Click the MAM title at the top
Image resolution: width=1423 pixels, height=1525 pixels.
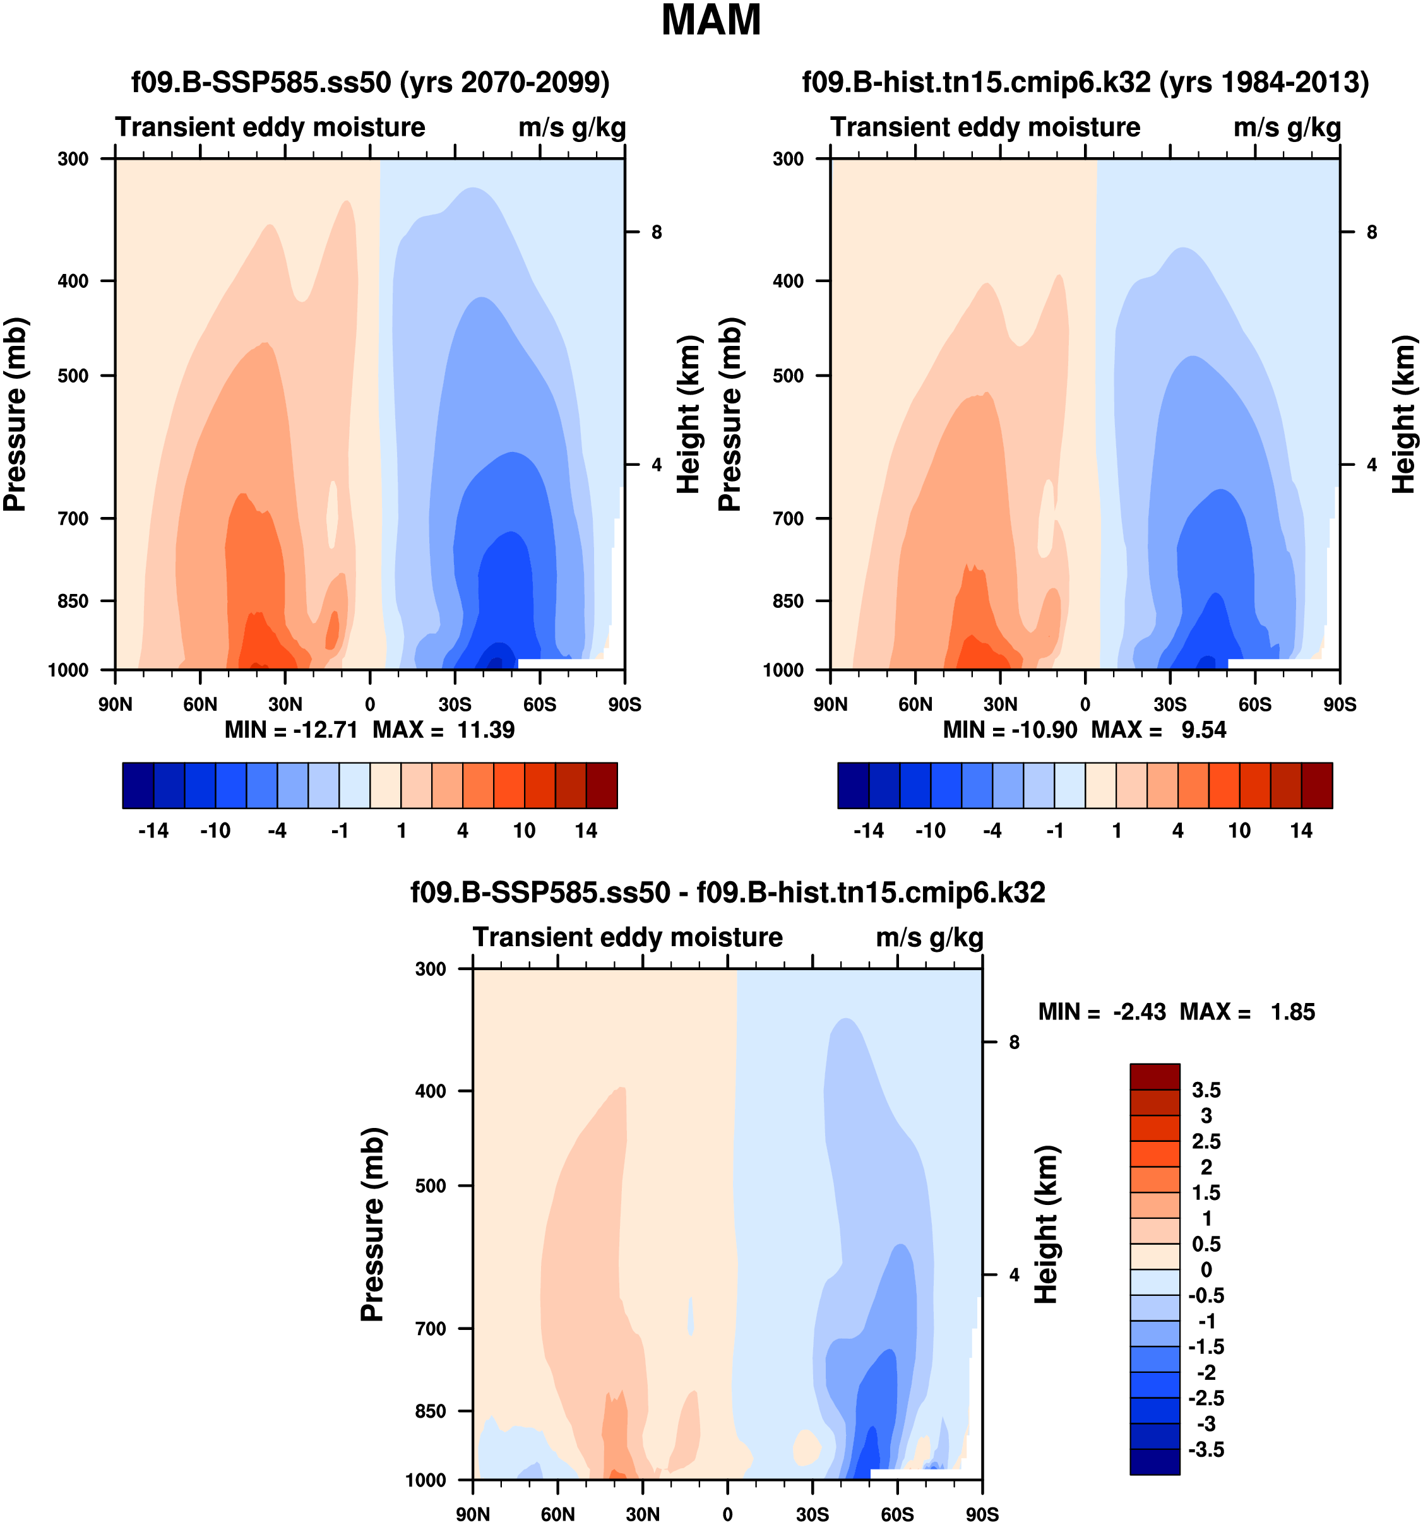pos(710,21)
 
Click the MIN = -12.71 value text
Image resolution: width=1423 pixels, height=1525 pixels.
pos(291,730)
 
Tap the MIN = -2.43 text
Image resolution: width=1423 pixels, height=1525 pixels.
pos(1102,1012)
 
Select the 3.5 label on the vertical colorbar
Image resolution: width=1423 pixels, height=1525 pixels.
pos(1205,1090)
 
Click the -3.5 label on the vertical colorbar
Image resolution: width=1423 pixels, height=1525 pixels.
pos(1205,1449)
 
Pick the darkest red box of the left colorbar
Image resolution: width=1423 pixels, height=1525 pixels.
pos(602,785)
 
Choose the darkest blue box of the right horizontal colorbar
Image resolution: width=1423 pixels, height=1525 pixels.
pos(853,785)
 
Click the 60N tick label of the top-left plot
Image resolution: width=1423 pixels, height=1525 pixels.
pos(200,704)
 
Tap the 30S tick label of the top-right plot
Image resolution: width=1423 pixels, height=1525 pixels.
pos(1170,704)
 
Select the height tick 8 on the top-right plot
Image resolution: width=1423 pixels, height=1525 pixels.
pos(1372,232)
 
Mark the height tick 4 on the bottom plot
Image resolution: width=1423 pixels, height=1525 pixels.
pos(1014,1275)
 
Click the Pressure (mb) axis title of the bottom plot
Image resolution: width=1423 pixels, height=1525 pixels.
pos(372,1225)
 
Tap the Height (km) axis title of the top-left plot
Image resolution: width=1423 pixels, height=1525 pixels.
pos(689,414)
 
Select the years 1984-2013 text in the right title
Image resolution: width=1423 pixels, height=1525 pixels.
pos(1264,82)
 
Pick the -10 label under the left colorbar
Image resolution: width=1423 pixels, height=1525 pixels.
pos(215,831)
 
